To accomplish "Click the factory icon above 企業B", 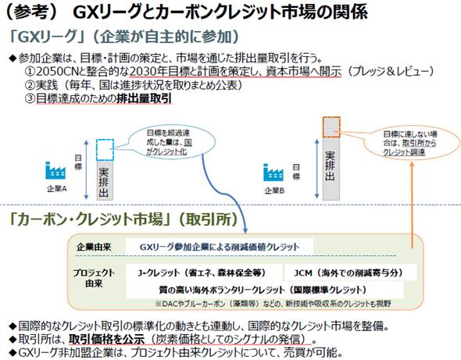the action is pyautogui.click(x=273, y=173).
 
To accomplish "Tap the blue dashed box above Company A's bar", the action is pyautogui.click(x=105, y=150).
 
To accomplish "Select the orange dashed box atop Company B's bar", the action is pyautogui.click(x=331, y=127).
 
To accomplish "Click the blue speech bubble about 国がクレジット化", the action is pyautogui.click(x=171, y=143).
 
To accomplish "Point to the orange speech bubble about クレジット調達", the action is pyautogui.click(x=412, y=143).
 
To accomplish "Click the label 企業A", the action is pyautogui.click(x=57, y=189).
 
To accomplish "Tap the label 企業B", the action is pyautogui.click(x=274, y=191).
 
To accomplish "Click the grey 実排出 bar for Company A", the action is pyautogui.click(x=105, y=180).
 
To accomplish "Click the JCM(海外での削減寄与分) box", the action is pyautogui.click(x=350, y=273).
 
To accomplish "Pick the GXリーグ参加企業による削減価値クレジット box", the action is pyautogui.click(x=220, y=247).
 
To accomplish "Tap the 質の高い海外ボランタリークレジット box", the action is pyautogui.click(x=265, y=290).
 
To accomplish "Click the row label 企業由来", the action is pyautogui.click(x=94, y=247).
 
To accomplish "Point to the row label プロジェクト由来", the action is pyautogui.click(x=94, y=278).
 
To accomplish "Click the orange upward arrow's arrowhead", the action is pyautogui.click(x=412, y=164).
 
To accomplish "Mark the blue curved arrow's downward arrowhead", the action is pyautogui.click(x=245, y=230).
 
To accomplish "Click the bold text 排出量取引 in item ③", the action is pyautogui.click(x=144, y=98).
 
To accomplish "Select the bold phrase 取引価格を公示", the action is pyautogui.click(x=107, y=340).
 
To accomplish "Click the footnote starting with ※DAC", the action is pyautogui.click(x=273, y=304).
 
